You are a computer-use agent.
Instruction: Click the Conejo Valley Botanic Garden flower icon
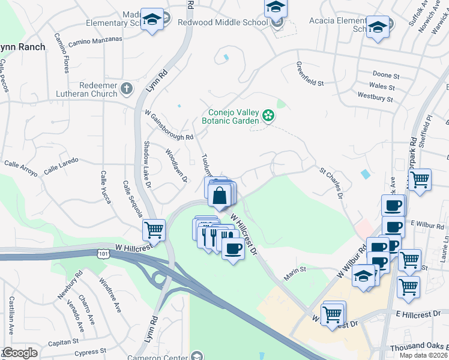[x=268, y=115]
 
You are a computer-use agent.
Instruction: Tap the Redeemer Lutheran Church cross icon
[x=126, y=89]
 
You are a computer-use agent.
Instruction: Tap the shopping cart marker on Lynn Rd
[x=154, y=229]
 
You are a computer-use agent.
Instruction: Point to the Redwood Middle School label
[x=222, y=22]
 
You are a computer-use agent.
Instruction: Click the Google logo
[x=20, y=353]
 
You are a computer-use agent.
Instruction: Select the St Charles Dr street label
[x=332, y=182]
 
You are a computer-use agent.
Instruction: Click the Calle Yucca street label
[x=104, y=187]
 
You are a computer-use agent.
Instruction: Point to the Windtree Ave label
[x=110, y=295]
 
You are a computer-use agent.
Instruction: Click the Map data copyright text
[x=423, y=355]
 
